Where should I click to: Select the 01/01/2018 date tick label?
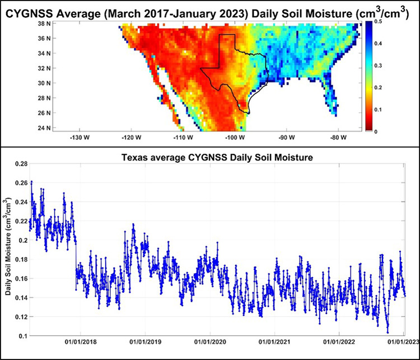pos(79,342)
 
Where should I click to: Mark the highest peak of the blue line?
pos(31,181)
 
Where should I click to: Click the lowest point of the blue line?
pos(388,332)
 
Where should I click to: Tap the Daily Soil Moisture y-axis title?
pos(8,247)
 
